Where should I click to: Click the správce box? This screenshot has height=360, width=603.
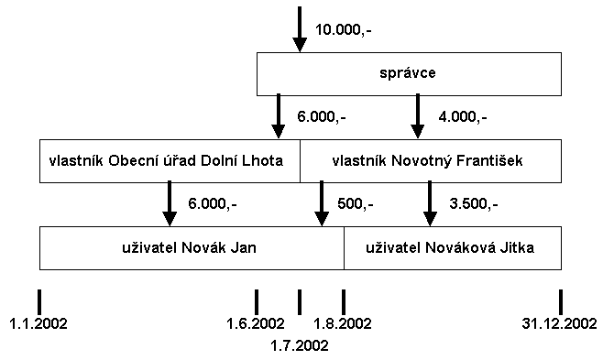(x=408, y=73)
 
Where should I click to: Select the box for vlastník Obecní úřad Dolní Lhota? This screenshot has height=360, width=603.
(x=170, y=160)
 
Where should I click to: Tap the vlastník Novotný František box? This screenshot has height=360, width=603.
(x=430, y=160)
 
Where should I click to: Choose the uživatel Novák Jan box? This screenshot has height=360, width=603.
(x=192, y=247)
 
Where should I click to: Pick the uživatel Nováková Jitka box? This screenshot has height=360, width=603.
(x=452, y=247)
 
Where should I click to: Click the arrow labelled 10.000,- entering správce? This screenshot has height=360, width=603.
(x=300, y=29)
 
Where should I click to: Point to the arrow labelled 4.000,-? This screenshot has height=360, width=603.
(x=417, y=116)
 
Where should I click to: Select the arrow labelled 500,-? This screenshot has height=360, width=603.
(x=321, y=203)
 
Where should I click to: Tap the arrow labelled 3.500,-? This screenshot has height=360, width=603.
(x=429, y=203)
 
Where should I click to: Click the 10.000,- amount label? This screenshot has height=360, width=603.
(x=344, y=29)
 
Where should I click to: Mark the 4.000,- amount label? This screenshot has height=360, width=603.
(x=463, y=116)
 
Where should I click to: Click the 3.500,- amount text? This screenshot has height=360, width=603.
(x=474, y=203)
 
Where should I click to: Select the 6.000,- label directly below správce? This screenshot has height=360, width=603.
(x=322, y=116)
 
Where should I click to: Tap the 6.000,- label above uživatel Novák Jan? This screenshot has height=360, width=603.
(x=212, y=203)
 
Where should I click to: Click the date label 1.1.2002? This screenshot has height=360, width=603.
(x=38, y=323)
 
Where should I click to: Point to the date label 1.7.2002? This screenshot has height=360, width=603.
(x=300, y=345)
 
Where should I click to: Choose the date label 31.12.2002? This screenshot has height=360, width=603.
(x=560, y=323)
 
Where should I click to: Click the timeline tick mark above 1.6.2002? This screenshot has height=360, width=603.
(x=256, y=301)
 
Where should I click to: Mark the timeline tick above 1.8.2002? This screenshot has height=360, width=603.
(x=344, y=301)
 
